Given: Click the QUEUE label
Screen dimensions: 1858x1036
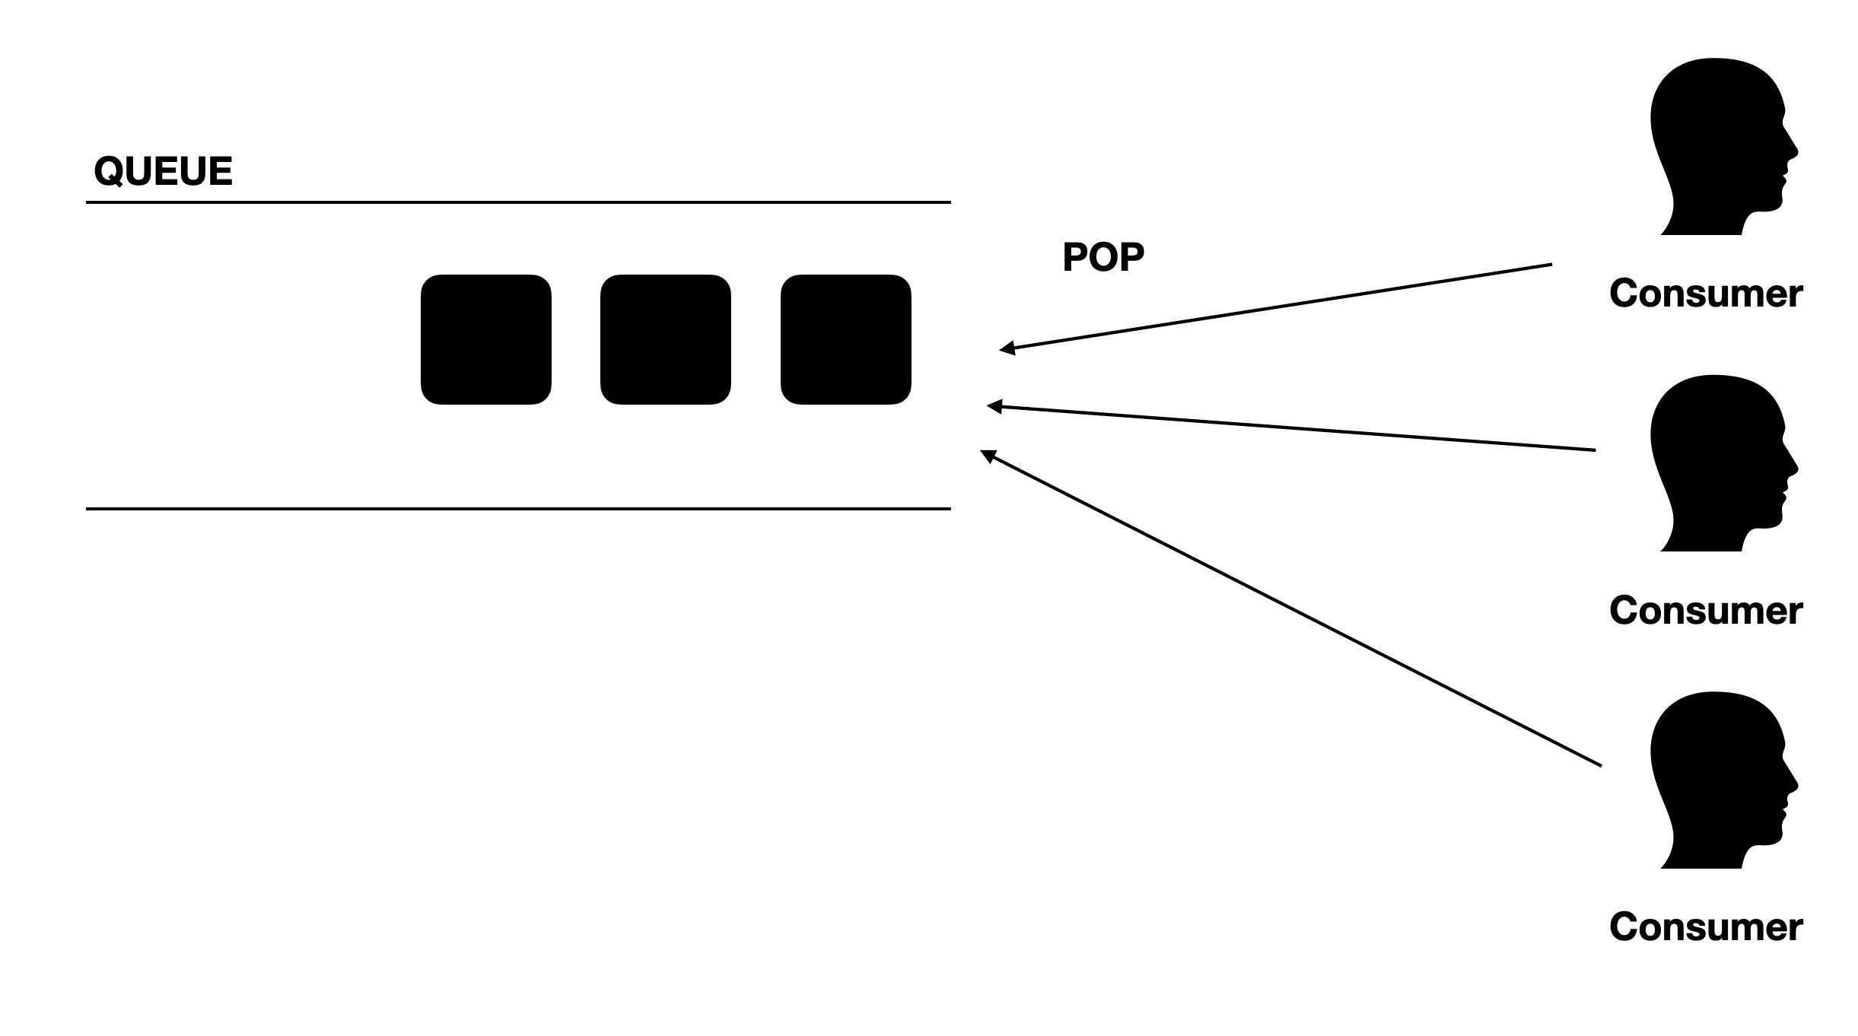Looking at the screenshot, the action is (163, 171).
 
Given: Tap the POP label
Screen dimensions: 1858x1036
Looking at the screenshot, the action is (1102, 257).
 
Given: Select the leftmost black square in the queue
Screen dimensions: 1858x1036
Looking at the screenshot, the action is (485, 339).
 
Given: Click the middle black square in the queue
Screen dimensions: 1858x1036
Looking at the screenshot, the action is (665, 339).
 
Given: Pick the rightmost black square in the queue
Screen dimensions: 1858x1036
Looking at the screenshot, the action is (845, 339).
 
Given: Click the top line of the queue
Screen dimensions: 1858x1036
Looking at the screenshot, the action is (517, 202).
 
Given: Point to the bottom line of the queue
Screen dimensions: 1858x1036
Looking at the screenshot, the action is (517, 508).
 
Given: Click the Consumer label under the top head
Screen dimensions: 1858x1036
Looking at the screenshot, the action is (1705, 294).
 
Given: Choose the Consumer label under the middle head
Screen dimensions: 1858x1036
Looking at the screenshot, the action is (1705, 611).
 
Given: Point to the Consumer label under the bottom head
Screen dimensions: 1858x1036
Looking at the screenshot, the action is (1705, 927).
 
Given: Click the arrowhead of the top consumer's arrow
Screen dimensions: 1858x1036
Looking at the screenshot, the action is (1007, 348).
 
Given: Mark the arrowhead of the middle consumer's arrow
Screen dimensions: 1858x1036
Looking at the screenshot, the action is (994, 406).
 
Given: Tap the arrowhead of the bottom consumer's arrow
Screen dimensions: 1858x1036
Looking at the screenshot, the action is (988, 455).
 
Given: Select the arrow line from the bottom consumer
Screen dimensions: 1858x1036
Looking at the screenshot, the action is (1293, 609).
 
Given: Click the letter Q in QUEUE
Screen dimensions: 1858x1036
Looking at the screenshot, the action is (109, 172).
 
